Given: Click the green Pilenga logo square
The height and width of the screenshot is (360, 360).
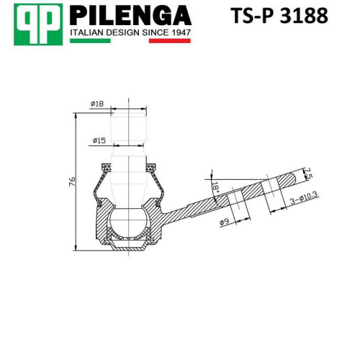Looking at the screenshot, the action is [x=38, y=24].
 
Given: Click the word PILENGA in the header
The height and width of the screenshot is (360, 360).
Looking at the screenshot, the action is [x=130, y=15].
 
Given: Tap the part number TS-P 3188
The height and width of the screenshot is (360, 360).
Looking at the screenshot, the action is [x=279, y=15].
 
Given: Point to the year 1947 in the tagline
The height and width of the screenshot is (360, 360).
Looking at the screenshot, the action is [x=181, y=32].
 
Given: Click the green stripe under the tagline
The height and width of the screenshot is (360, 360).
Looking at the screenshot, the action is [x=90, y=41].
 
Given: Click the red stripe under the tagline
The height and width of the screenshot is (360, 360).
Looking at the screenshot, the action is [x=170, y=41].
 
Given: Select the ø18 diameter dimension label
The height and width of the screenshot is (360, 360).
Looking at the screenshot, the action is [x=97, y=104].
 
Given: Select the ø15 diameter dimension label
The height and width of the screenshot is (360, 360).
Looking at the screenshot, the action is [x=99, y=140].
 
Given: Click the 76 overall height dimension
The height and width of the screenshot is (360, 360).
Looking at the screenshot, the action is [x=72, y=181].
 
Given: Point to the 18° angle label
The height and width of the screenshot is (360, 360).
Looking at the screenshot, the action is [x=215, y=188].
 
